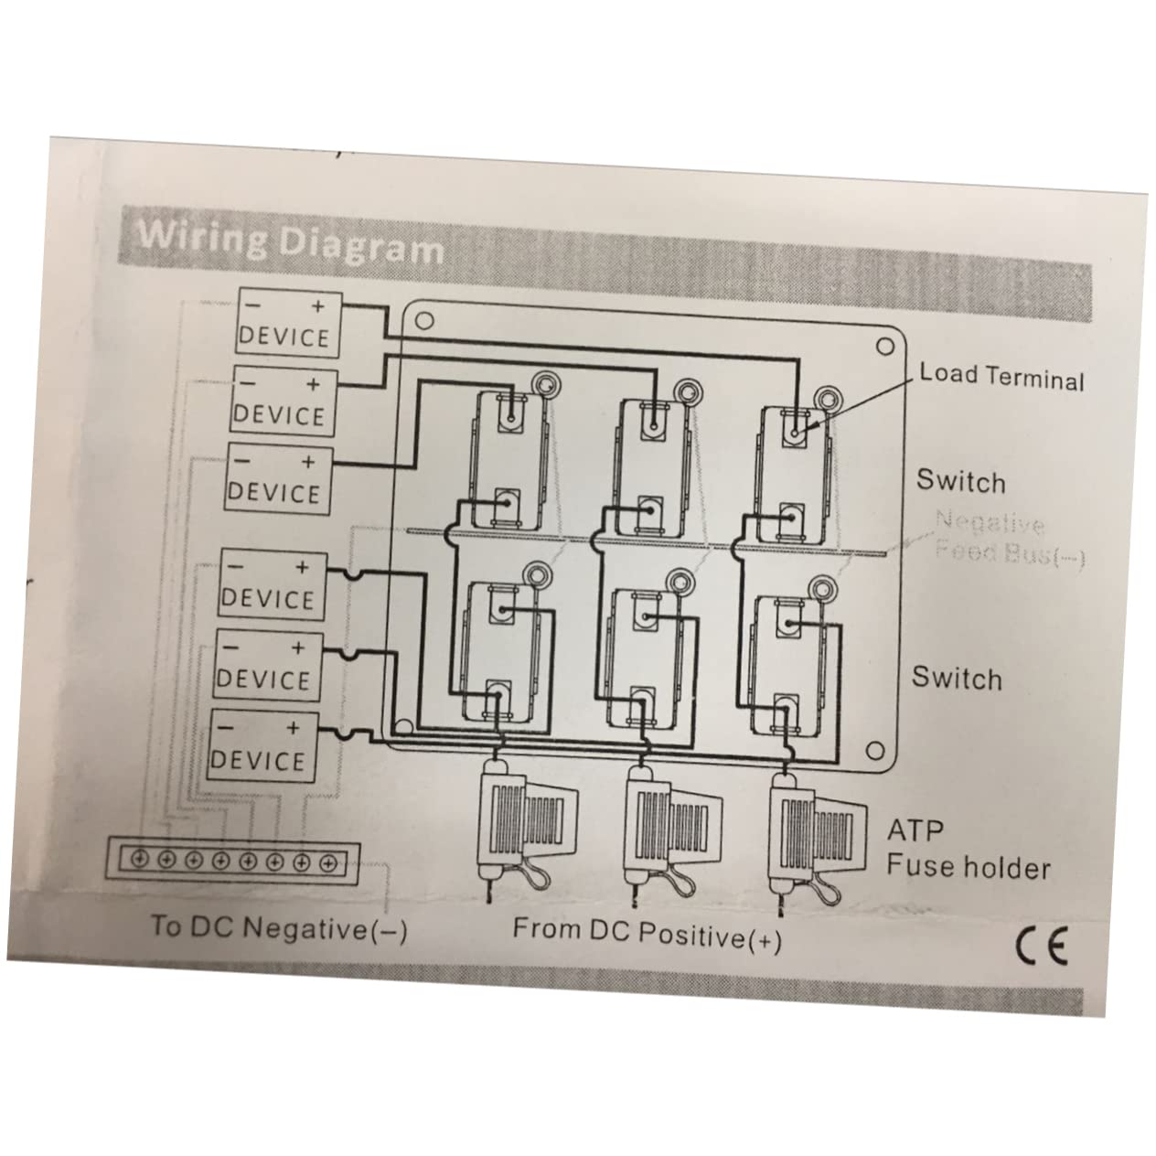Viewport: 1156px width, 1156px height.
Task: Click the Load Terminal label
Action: coord(1001,376)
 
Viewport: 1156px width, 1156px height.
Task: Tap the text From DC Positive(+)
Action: coord(647,933)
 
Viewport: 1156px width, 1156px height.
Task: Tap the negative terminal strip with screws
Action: coord(234,860)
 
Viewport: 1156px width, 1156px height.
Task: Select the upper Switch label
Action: coord(960,481)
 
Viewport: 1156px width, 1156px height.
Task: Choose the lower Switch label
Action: coord(957,678)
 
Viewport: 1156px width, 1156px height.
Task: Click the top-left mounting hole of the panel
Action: coord(423,322)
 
